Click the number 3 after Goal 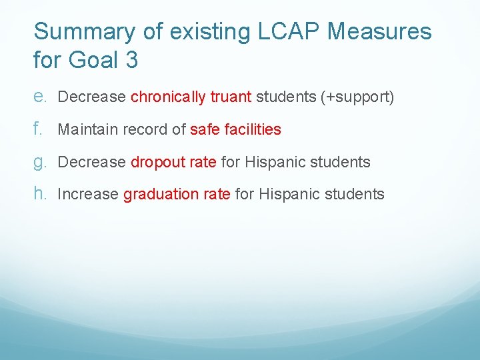pos(131,60)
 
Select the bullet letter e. pos(39,97)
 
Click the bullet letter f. pos(37,129)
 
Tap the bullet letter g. pos(39,162)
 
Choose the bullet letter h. pos(39,193)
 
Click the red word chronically pos(168,97)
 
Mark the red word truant pos(231,97)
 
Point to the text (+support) pos(357,97)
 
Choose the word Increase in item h pos(88,195)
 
